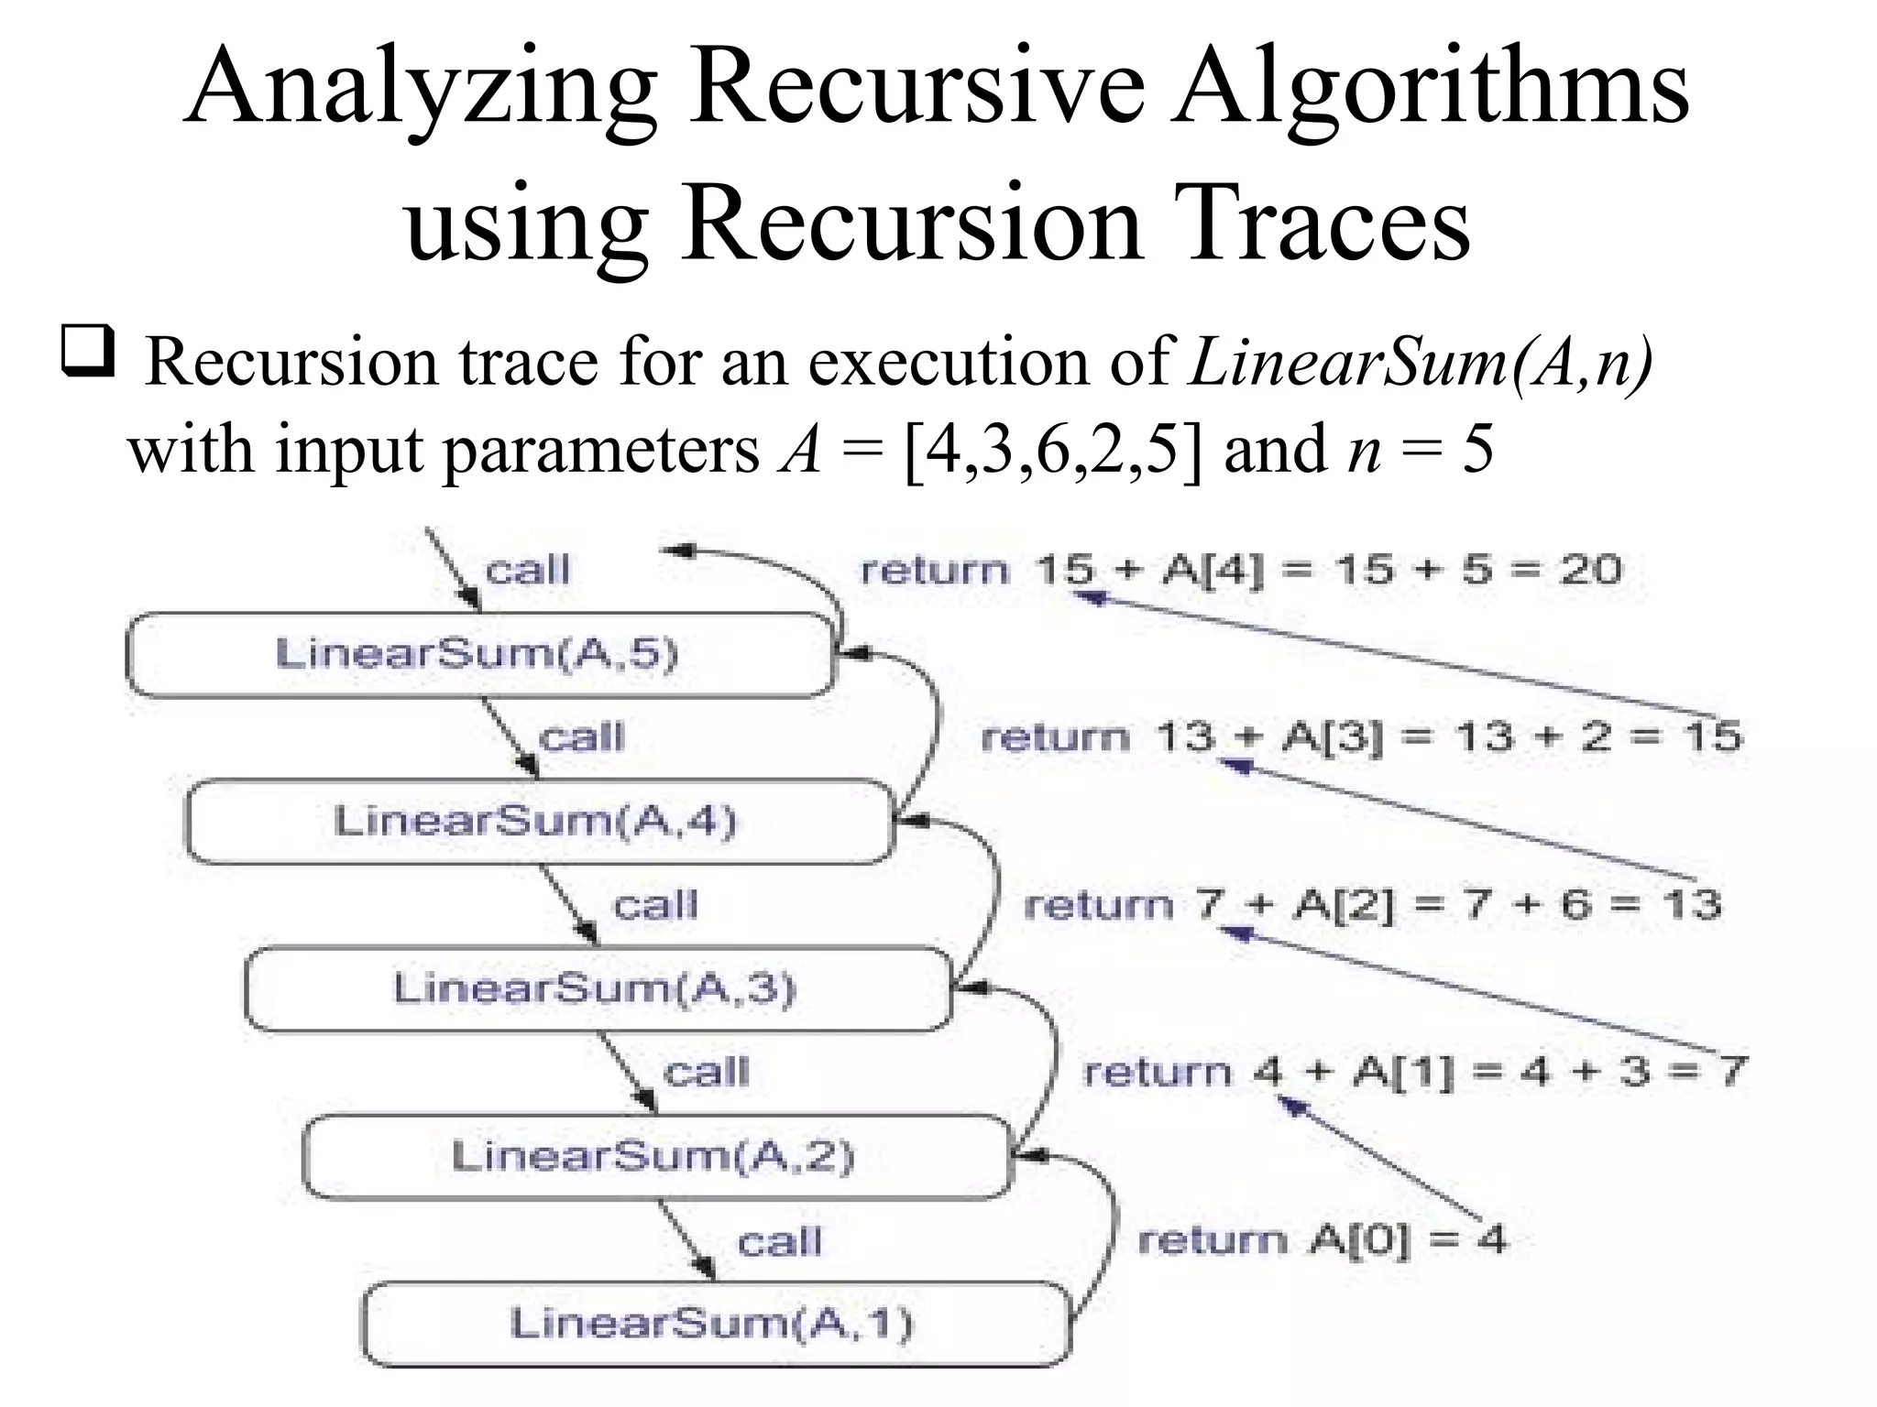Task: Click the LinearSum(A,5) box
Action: (x=478, y=654)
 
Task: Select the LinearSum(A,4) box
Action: (x=537, y=821)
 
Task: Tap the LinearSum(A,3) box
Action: (x=596, y=988)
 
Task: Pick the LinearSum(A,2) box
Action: (x=654, y=1156)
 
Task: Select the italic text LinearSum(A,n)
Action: (x=1421, y=362)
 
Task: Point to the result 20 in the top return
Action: (x=1591, y=570)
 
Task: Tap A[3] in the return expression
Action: (x=1331, y=736)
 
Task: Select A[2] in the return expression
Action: (x=1344, y=905)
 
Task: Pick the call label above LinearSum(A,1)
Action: (x=780, y=1242)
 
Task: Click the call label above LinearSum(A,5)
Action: (x=527, y=570)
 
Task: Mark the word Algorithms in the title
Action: (x=1430, y=87)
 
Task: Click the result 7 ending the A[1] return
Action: (x=1730, y=1071)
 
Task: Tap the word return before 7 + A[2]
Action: (x=1099, y=905)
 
